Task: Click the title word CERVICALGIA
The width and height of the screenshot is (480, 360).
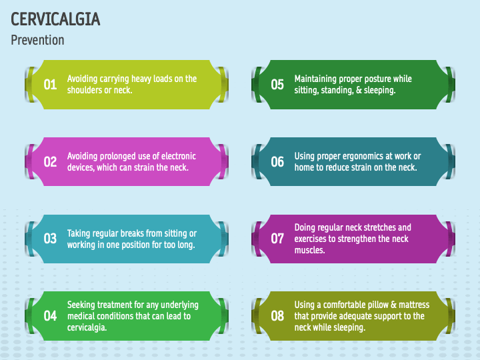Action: point(55,19)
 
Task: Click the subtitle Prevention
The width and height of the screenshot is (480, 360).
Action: point(37,40)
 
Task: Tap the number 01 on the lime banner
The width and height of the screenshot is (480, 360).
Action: point(50,85)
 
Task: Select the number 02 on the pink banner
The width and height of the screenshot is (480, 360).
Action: point(50,162)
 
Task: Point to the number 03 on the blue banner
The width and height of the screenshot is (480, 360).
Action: point(50,239)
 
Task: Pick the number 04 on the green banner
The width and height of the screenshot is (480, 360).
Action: point(50,316)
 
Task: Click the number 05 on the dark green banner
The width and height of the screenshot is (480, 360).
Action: point(277,85)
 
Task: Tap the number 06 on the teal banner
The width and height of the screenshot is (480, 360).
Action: point(277,162)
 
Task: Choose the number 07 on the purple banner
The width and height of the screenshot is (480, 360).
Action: point(277,239)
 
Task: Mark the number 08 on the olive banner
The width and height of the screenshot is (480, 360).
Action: point(277,316)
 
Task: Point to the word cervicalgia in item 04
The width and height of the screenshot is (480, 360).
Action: point(89,327)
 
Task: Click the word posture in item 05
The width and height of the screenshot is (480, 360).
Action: point(376,79)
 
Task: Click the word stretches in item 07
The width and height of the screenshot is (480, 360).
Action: point(377,227)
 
